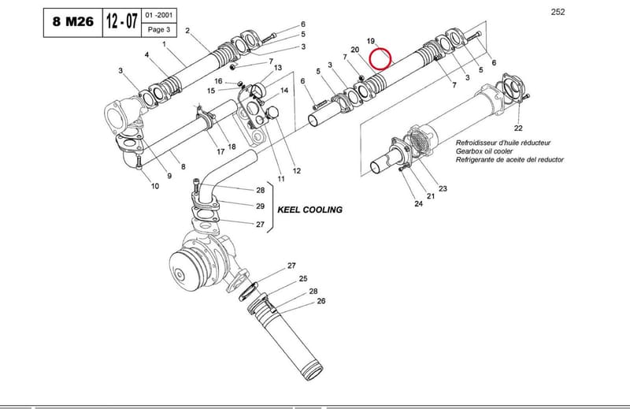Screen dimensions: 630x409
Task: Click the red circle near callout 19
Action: (x=380, y=48)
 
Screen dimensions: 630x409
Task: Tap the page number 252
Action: (x=558, y=12)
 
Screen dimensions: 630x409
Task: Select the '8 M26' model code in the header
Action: (x=72, y=22)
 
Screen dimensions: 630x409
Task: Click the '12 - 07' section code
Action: (x=122, y=21)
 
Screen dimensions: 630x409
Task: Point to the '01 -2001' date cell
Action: (x=159, y=15)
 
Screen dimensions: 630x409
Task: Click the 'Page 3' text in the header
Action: (x=159, y=29)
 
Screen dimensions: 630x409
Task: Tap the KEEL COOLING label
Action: (x=309, y=210)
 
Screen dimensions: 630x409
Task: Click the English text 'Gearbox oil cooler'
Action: (x=484, y=151)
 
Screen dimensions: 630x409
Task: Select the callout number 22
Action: (x=518, y=128)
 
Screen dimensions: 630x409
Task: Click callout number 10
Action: (x=155, y=186)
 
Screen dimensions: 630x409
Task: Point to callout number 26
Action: (x=321, y=301)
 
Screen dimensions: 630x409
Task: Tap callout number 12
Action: (x=297, y=170)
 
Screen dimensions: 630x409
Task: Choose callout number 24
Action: (x=419, y=204)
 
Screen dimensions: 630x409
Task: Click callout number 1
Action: (x=164, y=44)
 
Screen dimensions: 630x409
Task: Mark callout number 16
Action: (x=218, y=81)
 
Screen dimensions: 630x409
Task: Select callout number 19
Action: (x=370, y=41)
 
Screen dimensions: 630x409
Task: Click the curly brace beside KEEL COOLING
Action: (x=271, y=207)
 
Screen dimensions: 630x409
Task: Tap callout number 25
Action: (x=303, y=278)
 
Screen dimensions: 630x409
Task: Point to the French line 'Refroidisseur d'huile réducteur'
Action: (x=503, y=143)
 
